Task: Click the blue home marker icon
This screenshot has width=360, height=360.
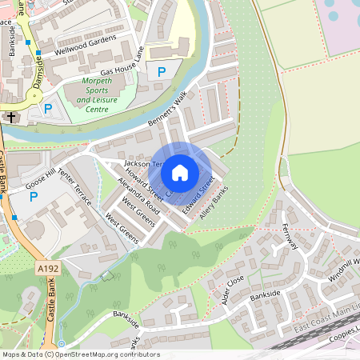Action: pos(180,173)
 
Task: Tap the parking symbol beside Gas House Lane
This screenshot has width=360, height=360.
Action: pos(162,72)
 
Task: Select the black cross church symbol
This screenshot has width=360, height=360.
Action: pos(11,117)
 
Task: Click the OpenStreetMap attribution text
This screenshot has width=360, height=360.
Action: pos(80,354)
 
